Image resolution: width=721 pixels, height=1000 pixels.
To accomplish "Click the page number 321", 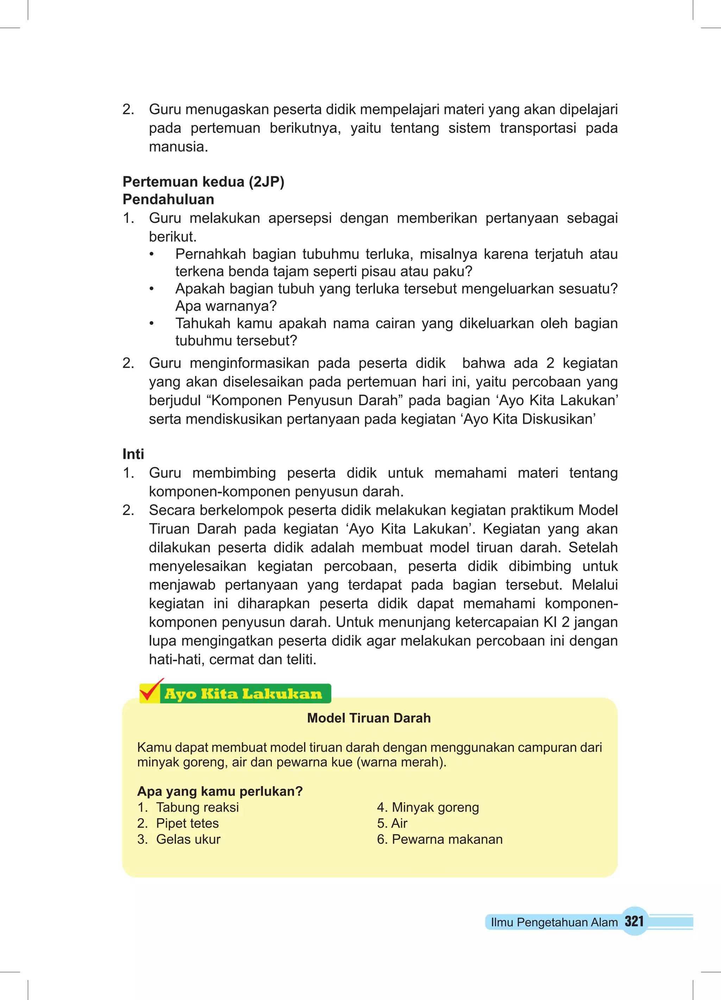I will point(634,921).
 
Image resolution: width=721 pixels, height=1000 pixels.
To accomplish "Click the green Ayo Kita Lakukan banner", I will point(244,694).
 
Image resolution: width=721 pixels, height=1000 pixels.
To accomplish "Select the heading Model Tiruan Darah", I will point(369,718).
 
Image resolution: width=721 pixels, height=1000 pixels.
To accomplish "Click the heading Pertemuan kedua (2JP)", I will point(203,182).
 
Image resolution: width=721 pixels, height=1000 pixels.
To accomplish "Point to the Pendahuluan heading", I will point(168,200).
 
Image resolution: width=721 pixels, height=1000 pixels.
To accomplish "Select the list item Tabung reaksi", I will point(197,807).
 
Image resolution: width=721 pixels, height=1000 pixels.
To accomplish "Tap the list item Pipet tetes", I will point(187,823).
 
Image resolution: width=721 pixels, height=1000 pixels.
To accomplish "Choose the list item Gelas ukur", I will point(188,839).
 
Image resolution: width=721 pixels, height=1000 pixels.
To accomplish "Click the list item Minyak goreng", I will point(435,807).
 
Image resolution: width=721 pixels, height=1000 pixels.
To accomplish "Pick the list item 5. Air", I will point(392,823).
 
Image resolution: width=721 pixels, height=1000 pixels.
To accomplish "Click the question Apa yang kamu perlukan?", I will point(220,791).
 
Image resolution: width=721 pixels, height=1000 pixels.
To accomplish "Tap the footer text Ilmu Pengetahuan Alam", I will point(554,922).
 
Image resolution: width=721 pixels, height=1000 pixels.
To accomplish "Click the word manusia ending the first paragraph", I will point(178,147).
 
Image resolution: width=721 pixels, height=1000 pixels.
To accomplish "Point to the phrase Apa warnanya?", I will point(226,306).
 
